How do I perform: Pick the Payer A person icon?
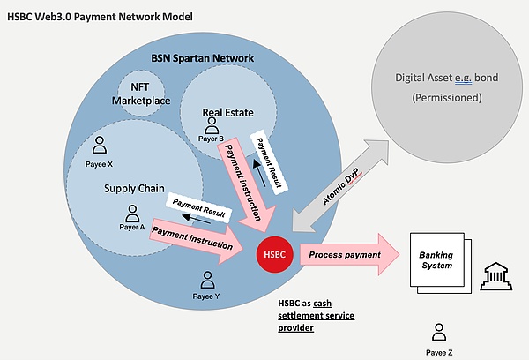132,214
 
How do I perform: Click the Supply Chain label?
132,188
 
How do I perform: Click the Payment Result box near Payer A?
198,208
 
